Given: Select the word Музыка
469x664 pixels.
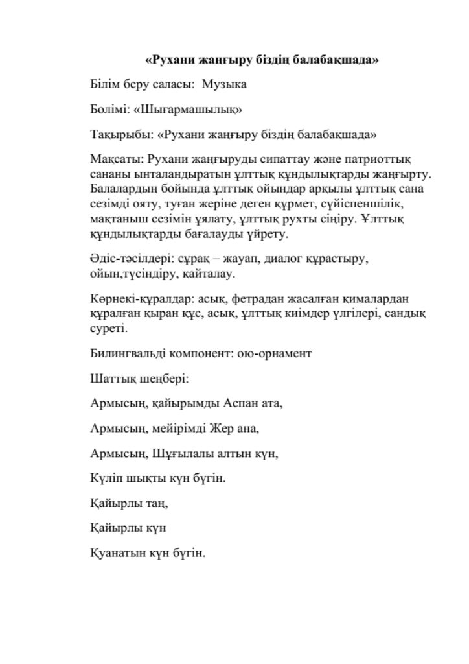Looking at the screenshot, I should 224,84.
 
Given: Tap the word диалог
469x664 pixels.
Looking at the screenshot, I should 287,259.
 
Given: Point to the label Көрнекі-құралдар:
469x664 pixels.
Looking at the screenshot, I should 138,299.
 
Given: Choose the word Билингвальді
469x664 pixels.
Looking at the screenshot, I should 128,353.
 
